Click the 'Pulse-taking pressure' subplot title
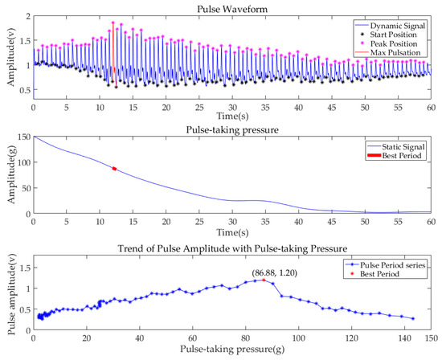232,129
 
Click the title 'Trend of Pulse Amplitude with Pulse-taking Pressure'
232,244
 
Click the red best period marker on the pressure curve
114,168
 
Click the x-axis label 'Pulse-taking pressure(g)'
232,351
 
